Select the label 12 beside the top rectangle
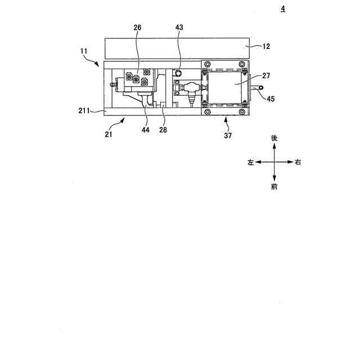[x=266, y=47]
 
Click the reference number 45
[x=271, y=100]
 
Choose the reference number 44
[x=146, y=130]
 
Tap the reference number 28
[x=163, y=130]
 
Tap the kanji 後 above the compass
[x=274, y=138]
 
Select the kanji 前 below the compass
[x=274, y=187]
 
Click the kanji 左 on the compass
[x=250, y=162]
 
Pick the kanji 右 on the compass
[x=298, y=162]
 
